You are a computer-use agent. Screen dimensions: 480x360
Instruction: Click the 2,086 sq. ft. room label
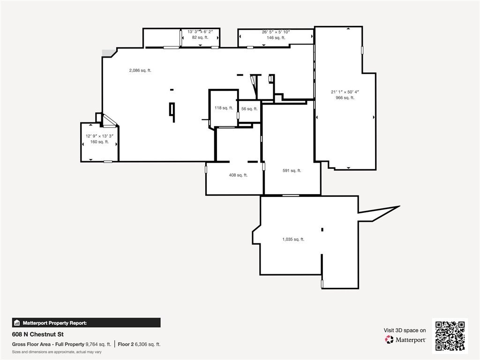pyautogui.click(x=140, y=70)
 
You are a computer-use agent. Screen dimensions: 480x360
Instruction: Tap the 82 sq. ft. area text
pyautogui.click(x=200, y=37)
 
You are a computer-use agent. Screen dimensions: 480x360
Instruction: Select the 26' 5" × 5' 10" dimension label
pyautogui.click(x=276, y=32)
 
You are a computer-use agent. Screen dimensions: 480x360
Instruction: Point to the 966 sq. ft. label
pyautogui.click(x=345, y=97)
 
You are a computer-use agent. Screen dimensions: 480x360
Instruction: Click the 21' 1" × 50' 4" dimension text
pyautogui.click(x=345, y=92)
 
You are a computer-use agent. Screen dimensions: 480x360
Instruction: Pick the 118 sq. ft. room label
pyautogui.click(x=224, y=108)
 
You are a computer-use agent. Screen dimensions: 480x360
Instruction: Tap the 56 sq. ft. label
pyautogui.click(x=249, y=109)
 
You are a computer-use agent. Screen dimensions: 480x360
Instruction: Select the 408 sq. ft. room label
pyautogui.click(x=238, y=175)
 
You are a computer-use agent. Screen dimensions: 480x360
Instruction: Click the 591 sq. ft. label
pyautogui.click(x=292, y=171)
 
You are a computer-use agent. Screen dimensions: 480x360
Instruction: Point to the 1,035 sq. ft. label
pyautogui.click(x=293, y=240)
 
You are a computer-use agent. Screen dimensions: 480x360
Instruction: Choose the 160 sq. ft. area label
pyautogui.click(x=99, y=142)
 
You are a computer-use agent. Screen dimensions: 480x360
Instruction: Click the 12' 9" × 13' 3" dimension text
pyautogui.click(x=99, y=136)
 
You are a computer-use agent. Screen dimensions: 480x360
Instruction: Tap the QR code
pyautogui.click(x=450, y=336)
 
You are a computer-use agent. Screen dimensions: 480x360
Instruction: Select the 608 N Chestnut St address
pyautogui.click(x=38, y=334)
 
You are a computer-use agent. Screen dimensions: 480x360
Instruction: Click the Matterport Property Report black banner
pyautogui.click(x=86, y=322)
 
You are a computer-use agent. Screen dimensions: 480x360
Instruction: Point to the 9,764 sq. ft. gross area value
pyautogui.click(x=98, y=344)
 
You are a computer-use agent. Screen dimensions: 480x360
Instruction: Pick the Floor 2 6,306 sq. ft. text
pyautogui.click(x=139, y=344)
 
